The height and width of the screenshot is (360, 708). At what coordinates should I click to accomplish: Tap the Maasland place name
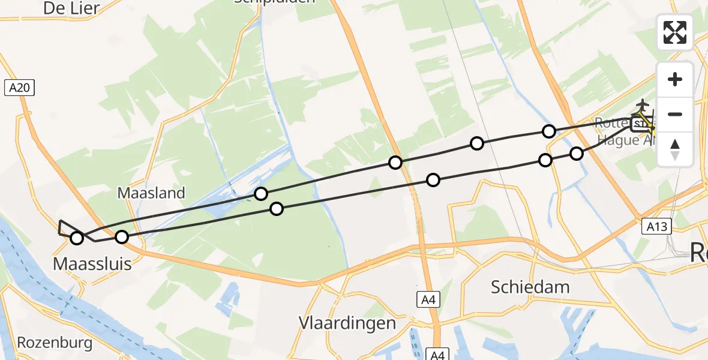click(x=151, y=193)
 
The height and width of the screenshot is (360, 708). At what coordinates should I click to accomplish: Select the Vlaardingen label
click(x=347, y=323)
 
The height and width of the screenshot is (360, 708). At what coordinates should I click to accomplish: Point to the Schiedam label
click(x=530, y=287)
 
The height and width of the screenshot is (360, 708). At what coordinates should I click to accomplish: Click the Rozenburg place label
click(x=55, y=343)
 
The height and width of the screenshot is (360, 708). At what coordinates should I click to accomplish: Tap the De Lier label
click(x=71, y=8)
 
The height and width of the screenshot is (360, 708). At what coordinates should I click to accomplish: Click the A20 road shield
click(x=20, y=88)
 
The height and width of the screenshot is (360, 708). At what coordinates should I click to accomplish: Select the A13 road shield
click(x=657, y=226)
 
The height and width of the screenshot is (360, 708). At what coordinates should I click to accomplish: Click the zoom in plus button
click(x=675, y=79)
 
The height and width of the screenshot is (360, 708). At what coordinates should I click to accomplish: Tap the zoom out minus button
click(x=675, y=114)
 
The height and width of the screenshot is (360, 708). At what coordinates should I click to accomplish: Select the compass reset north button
click(x=675, y=149)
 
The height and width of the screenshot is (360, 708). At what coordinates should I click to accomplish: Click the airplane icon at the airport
click(x=643, y=104)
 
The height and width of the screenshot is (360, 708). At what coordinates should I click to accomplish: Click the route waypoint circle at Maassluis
click(x=77, y=238)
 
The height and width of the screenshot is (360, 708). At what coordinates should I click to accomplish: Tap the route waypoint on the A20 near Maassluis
click(x=122, y=237)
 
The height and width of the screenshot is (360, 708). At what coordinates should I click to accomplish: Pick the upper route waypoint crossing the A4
click(x=395, y=162)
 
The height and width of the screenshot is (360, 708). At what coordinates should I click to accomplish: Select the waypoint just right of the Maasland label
click(x=261, y=193)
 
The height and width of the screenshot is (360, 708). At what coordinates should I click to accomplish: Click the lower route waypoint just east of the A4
click(x=433, y=179)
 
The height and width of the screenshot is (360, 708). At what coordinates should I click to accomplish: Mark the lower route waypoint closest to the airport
click(x=577, y=153)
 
